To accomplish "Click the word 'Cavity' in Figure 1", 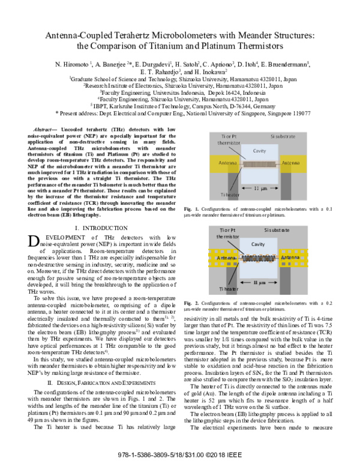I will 259,152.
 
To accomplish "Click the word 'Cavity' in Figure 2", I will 259,245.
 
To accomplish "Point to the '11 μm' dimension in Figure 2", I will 259,282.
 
